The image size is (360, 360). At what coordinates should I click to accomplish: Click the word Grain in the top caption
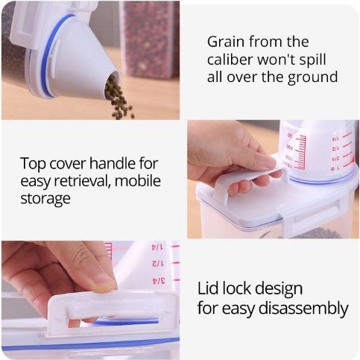point(226,42)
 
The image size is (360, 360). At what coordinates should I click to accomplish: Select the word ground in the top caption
point(312,78)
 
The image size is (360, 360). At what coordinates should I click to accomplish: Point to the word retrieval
point(82,181)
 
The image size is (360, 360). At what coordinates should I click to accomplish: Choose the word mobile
point(138,180)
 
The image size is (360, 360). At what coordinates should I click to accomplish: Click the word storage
point(45,200)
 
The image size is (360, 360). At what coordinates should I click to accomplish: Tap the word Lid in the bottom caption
point(208,288)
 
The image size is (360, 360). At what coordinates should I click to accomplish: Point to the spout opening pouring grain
point(112,82)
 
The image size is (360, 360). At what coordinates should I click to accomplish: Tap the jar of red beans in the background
point(149,40)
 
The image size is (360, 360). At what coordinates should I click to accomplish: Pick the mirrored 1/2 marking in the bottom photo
point(158,264)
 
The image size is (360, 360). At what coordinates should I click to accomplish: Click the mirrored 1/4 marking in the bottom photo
point(158,247)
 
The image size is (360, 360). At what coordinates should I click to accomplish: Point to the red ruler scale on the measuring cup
point(300,152)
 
